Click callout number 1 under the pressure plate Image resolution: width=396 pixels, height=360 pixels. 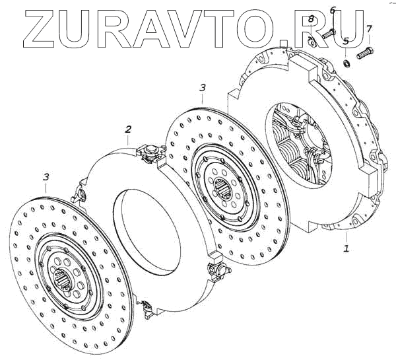346,248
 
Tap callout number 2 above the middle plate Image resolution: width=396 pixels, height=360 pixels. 128,129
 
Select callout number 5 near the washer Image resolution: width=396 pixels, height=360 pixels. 346,40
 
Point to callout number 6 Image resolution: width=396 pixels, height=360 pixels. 333,11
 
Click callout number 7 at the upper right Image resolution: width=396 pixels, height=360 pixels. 369,28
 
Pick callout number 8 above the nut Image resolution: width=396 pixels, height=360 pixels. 311,18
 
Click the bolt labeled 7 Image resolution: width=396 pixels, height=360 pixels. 365,53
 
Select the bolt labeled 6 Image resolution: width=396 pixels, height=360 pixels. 329,34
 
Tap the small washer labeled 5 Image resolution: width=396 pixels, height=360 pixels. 346,63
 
